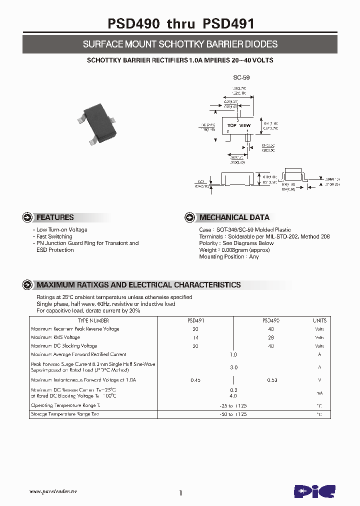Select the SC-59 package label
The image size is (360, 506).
point(241,77)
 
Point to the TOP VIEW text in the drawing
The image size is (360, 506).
point(238,125)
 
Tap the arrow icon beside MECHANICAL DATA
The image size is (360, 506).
point(190,217)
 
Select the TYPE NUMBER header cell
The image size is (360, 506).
point(93,320)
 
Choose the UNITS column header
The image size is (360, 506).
point(319,320)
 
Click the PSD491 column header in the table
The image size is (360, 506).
point(195,320)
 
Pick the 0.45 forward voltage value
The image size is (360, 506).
point(195,380)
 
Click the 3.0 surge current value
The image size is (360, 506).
point(233,367)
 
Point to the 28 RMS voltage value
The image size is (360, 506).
point(271,337)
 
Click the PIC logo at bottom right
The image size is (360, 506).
point(314,490)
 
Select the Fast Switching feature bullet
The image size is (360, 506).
point(54,236)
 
